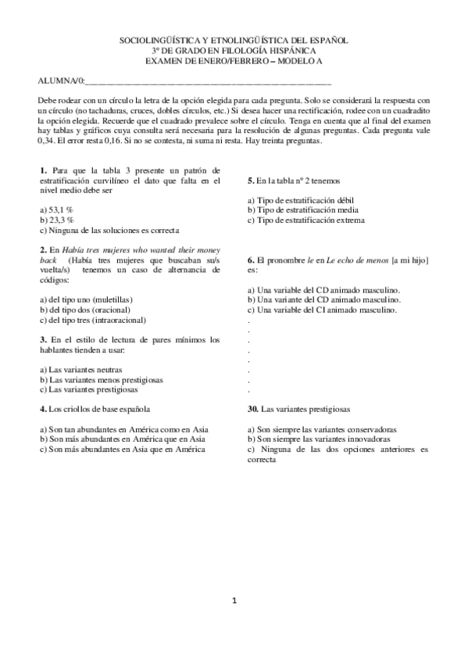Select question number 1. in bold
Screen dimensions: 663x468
(42, 170)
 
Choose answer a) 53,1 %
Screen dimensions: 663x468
(56, 210)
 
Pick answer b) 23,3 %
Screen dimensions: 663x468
(56, 220)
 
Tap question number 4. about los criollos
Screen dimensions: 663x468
(42, 409)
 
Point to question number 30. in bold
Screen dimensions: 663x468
(253, 409)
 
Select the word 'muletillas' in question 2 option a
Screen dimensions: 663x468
(114, 299)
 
